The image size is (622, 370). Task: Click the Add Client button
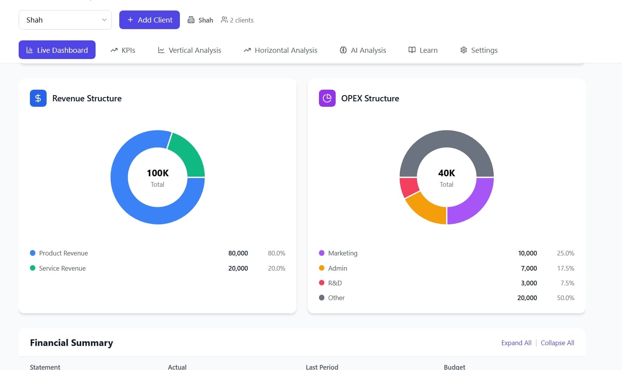coord(150,20)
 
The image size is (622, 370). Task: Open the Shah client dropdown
coord(65,20)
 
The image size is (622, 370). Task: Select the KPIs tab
coord(123,50)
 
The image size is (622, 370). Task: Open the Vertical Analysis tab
coord(189,50)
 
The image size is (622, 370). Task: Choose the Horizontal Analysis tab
coord(281,50)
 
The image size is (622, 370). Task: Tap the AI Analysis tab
coord(362,50)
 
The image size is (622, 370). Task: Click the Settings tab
coord(479,50)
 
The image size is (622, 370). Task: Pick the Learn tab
coord(423,50)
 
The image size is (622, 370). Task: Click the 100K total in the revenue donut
coord(157,173)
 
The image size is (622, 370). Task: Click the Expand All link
coord(516,343)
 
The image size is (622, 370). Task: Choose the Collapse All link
coord(557,343)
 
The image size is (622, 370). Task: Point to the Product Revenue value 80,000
coord(238,253)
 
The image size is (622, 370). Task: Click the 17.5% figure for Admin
coord(566,268)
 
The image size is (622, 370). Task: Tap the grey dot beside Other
coord(322,297)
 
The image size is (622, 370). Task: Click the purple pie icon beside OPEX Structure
coord(327,98)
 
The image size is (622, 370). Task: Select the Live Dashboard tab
coord(57,50)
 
